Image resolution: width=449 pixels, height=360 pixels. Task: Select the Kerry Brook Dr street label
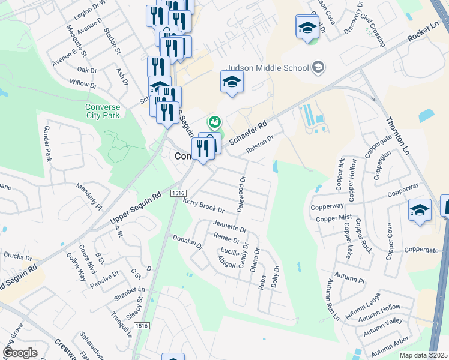pos(203,207)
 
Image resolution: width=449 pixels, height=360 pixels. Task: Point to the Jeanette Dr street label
pos(230,226)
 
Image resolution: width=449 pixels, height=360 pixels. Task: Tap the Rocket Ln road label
pos(423,34)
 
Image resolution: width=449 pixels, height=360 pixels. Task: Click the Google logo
pos(20,353)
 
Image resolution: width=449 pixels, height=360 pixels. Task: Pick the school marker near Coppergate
pos(420,211)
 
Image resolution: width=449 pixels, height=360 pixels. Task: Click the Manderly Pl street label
pos(89,194)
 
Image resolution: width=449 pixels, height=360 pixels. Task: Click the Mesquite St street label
pos(78,40)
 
